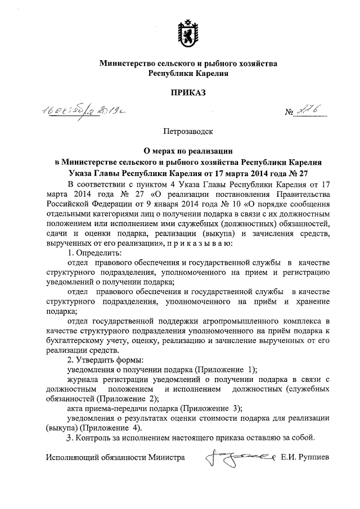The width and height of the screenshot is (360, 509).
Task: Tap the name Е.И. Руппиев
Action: (x=306, y=458)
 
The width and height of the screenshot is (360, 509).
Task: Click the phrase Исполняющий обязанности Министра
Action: (x=116, y=458)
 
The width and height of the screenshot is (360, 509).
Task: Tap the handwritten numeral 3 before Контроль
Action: (x=69, y=438)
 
